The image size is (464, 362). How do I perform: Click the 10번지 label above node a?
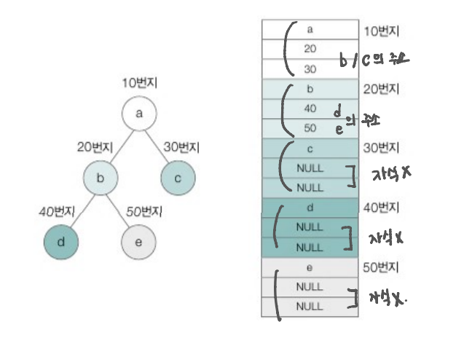click(139, 83)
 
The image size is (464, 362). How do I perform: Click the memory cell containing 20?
click(310, 50)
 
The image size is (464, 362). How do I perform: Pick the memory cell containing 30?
click(310, 69)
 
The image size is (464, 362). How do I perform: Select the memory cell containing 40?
click(310, 109)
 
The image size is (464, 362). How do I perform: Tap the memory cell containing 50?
click(310, 128)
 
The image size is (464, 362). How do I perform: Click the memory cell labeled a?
click(310, 30)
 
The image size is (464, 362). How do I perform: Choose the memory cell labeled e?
click(310, 267)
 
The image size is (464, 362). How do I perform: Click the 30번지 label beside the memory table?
click(380, 149)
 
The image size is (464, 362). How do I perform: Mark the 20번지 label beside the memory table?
click(380, 90)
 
